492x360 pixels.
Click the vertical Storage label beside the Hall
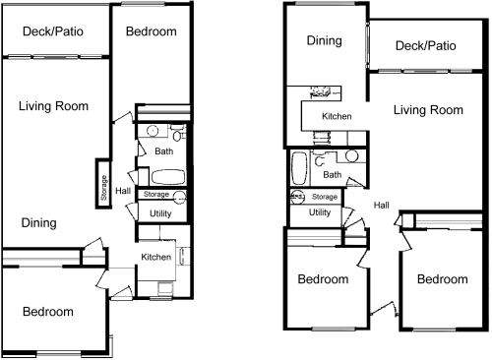tap(103, 188)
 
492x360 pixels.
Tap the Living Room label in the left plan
tap(53, 106)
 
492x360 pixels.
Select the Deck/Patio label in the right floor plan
tap(426, 45)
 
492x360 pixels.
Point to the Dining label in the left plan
tap(39, 223)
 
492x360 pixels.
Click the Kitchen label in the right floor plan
tap(337, 116)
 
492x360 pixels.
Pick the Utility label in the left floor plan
tap(160, 213)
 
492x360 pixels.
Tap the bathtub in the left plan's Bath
tap(168, 177)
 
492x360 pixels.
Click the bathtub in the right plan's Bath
tap(299, 168)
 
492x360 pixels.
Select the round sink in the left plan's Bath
tap(153, 131)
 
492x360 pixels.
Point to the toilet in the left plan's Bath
tap(177, 134)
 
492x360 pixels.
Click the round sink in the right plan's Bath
tap(351, 156)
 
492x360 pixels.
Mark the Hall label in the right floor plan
tap(382, 206)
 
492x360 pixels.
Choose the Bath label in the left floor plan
tap(164, 151)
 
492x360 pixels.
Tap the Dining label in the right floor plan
tap(325, 40)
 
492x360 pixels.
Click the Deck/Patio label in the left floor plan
tap(53, 31)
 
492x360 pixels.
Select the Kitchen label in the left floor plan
tap(156, 257)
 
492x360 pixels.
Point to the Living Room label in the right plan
tap(428, 110)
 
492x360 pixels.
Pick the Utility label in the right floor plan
tap(320, 212)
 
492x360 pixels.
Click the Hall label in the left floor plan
tap(123, 191)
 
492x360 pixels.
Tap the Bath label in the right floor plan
tap(333, 175)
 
